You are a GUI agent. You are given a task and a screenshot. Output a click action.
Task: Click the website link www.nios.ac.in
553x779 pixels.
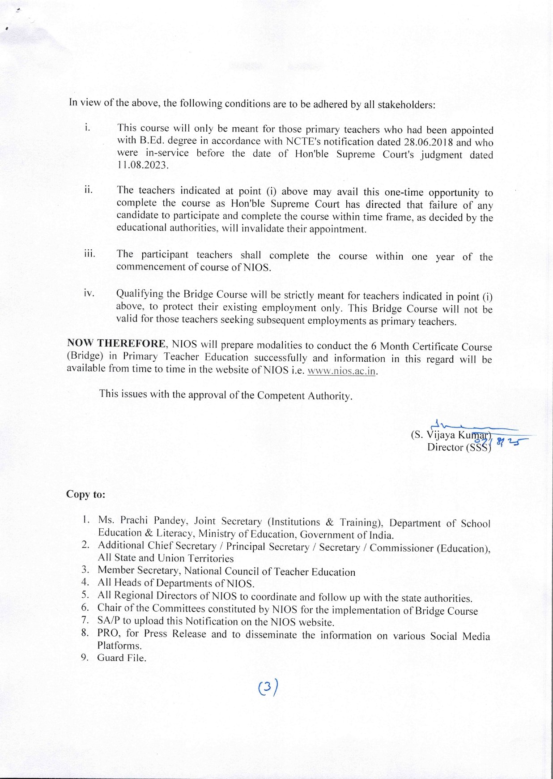[341, 372]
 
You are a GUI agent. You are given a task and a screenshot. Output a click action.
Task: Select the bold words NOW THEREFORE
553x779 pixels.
[116, 344]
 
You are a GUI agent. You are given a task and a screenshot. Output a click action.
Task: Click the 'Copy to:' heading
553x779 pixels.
[86, 494]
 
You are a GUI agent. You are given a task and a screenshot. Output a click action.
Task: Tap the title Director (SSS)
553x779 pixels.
[459, 447]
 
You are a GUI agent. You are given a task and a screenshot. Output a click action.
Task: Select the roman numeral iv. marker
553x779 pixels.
[89, 293]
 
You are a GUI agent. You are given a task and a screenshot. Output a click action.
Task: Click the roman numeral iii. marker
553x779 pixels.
[90, 254]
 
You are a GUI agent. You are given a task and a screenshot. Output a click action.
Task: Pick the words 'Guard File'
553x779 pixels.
[121, 658]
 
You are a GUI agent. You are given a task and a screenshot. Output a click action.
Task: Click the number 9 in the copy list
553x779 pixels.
[85, 657]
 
